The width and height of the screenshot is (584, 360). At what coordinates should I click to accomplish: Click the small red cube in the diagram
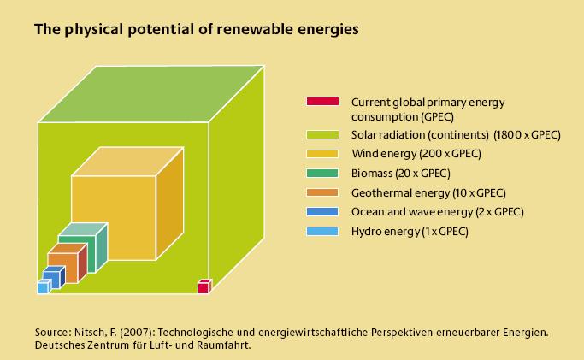point(204,286)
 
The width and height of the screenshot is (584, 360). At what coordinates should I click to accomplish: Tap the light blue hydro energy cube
point(44,287)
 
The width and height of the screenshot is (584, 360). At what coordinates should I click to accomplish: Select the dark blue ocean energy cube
point(53,277)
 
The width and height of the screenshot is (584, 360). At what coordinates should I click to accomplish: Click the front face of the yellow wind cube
point(113,218)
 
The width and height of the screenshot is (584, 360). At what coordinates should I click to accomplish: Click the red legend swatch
point(322,101)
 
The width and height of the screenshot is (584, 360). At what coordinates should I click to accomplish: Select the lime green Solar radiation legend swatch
point(322,134)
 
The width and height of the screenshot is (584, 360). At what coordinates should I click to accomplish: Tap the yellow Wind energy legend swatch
point(322,154)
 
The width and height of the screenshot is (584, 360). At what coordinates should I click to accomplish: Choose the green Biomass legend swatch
point(322,173)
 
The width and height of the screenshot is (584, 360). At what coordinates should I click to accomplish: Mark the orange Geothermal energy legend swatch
point(322,192)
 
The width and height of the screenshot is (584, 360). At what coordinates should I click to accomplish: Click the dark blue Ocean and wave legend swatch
point(322,212)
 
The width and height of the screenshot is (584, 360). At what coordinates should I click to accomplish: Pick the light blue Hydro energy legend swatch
point(322,231)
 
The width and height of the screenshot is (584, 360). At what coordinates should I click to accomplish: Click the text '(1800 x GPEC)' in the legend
point(527,135)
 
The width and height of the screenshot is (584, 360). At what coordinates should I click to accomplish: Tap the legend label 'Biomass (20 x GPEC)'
point(401,174)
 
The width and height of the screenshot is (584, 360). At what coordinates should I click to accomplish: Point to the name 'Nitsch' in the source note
point(89,332)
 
